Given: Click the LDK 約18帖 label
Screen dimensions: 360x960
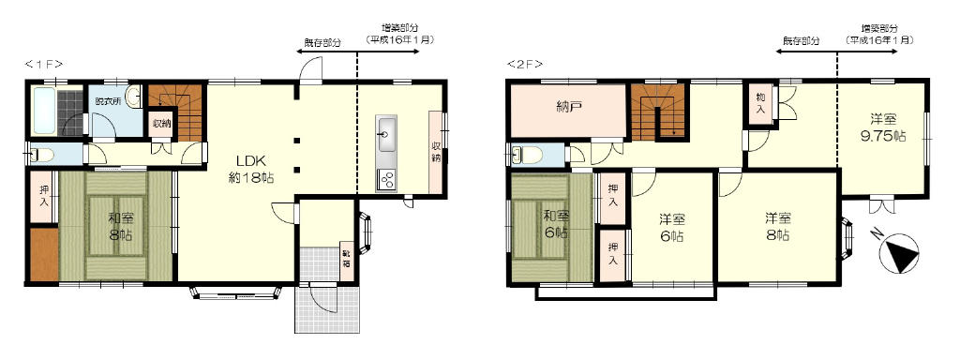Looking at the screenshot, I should (247, 168).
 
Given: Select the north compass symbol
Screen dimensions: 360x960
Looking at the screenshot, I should (897, 250).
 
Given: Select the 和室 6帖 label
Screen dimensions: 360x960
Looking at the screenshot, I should (555, 225).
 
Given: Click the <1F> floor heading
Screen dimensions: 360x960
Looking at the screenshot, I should (43, 64).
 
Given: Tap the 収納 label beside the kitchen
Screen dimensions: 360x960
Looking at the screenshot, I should (436, 152).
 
